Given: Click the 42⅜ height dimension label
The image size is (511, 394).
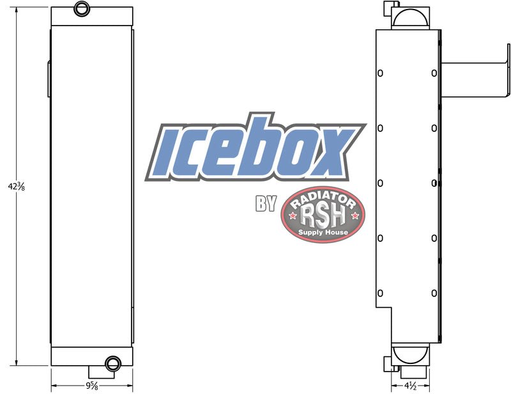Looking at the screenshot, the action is tap(17, 186).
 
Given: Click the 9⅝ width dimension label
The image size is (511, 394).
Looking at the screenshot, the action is tap(92, 386).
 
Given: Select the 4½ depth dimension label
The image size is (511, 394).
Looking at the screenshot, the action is tap(410, 386).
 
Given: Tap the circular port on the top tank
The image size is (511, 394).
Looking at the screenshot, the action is tap(80, 8).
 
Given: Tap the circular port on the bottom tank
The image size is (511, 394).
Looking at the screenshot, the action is tap(113, 363).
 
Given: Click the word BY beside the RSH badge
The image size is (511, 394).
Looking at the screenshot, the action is tap(266, 203).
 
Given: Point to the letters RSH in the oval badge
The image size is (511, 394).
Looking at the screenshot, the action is tap(323, 216).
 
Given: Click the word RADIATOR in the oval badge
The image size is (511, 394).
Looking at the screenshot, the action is tap(323, 198).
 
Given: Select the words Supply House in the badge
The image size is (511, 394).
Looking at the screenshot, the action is tap(323, 232).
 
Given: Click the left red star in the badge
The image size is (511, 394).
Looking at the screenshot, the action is tap(293, 216).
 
